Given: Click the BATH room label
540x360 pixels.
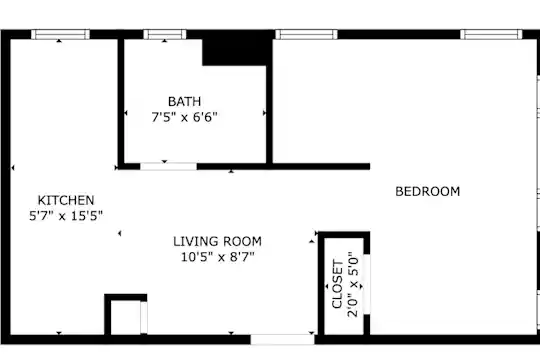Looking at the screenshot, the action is pos(184,102).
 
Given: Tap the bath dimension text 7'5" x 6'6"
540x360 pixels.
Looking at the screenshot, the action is pos(184,117).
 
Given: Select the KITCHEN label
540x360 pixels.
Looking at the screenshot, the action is pos(66,200).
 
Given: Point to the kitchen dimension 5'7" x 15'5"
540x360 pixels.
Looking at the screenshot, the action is pos(66,216).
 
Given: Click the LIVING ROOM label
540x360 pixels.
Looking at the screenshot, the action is pos(217,241).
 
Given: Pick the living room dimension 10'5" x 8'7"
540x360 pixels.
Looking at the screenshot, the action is pos(217,257).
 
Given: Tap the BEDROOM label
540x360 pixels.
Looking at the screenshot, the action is pos(427,191).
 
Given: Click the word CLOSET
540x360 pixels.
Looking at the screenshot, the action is pos(338,284).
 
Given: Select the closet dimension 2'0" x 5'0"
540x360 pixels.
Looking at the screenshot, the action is pos(353,285).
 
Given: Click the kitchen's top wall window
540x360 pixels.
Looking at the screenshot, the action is pos(61,34).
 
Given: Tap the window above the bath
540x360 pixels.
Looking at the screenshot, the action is pos(165,34).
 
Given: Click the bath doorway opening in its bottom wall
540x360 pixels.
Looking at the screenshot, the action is pos(168,167).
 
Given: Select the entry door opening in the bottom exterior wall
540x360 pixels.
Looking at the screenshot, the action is pos(282,339).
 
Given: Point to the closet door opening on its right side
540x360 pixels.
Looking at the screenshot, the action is pos(367,284).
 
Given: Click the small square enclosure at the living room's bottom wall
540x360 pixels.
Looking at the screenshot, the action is pos(126,314).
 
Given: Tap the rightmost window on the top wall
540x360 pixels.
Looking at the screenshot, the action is pos(491,34).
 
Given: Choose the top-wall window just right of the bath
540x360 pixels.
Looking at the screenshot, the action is pos(307,34).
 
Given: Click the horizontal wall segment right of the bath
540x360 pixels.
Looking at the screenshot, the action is pos(321,167).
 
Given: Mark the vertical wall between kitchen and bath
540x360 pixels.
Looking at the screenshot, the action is pos(121,102).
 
